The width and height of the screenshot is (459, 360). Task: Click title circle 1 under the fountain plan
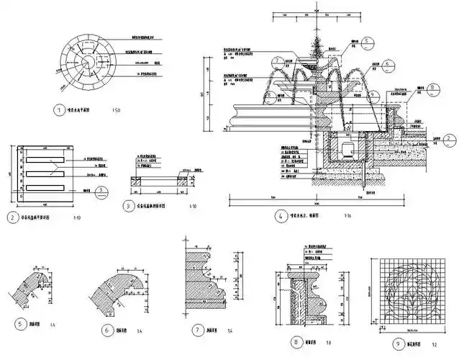tap(59, 111)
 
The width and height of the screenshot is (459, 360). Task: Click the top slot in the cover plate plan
tap(44, 158)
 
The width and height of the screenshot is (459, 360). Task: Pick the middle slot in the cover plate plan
tap(44, 174)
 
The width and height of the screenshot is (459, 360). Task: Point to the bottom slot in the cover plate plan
tap(44, 189)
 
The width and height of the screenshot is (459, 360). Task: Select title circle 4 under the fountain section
tap(278, 214)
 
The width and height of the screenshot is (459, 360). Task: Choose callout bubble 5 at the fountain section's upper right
tap(365, 41)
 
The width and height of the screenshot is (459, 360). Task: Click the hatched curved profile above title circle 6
tap(118, 293)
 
